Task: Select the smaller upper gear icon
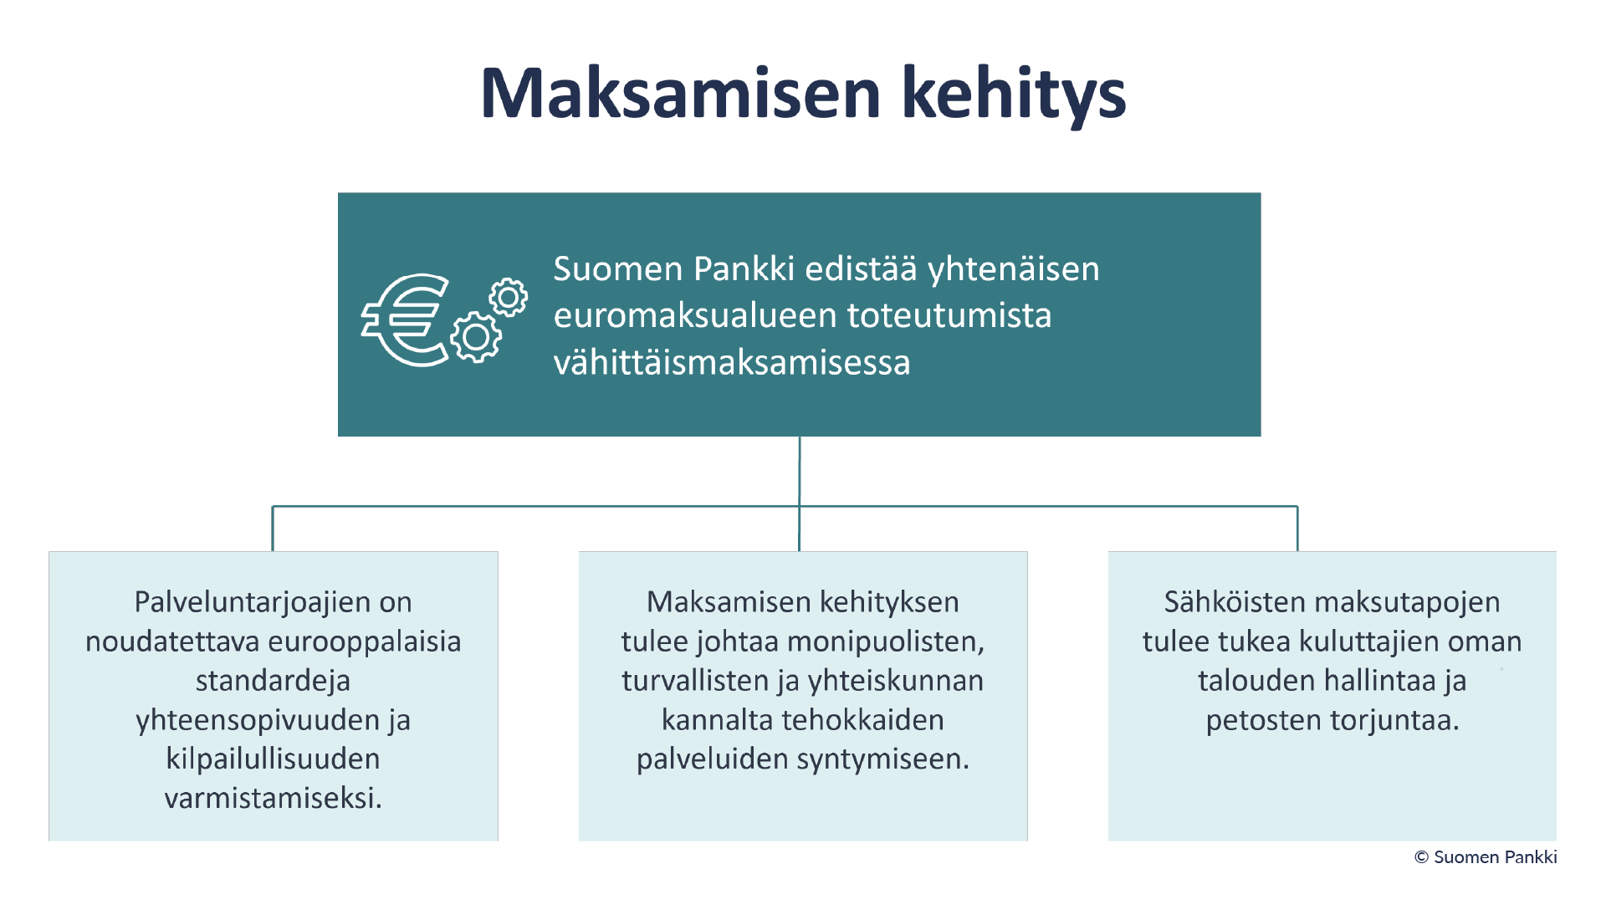pos(508,297)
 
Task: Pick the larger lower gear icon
pos(476,337)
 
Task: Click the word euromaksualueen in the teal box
pos(696,315)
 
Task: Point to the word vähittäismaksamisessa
pos(732,362)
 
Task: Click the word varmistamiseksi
pos(273,799)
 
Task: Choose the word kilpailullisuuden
pos(273,759)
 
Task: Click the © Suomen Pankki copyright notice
pos(1486,857)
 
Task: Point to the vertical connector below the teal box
pos(800,493)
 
